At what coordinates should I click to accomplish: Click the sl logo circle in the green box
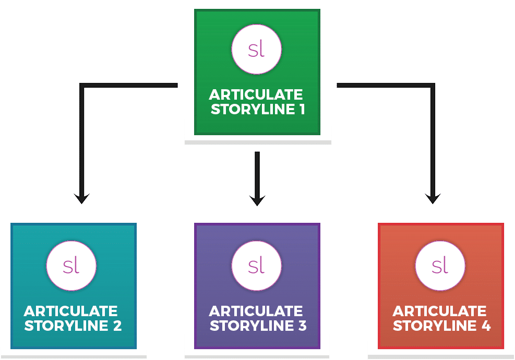click(257, 50)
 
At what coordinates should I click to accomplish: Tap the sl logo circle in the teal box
click(71, 266)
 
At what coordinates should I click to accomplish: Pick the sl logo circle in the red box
click(440, 266)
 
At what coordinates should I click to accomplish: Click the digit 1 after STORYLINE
click(299, 110)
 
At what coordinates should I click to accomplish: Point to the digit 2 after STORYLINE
click(116, 326)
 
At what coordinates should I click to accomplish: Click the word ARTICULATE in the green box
click(256, 95)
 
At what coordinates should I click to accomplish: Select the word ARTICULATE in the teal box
click(71, 311)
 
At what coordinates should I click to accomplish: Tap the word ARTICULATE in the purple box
click(256, 311)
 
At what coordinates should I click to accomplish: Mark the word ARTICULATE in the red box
click(439, 311)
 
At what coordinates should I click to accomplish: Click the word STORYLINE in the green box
click(250, 110)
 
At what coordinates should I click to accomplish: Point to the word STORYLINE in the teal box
click(65, 326)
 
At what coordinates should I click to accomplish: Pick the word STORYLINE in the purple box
click(249, 326)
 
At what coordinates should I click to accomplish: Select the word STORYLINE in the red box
click(434, 326)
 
